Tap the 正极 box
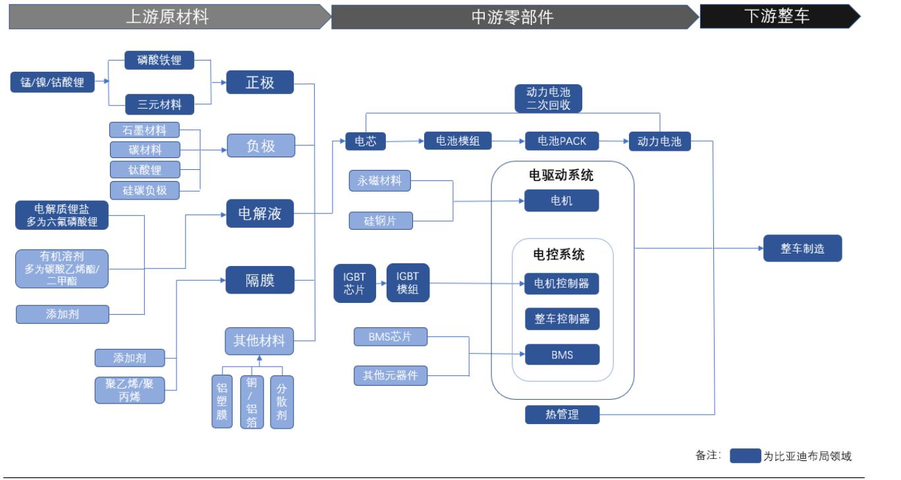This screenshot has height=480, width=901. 259,82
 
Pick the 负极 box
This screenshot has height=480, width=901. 259,146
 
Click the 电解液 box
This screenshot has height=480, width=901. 259,213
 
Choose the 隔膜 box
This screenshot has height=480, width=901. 259,280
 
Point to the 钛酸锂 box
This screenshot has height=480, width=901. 144,169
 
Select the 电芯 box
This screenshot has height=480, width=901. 365,141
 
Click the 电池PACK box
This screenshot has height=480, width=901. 562,141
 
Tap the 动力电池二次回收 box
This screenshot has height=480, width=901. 548,99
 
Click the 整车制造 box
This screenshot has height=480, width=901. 802,248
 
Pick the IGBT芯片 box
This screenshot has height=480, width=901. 354,283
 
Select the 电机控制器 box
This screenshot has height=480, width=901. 562,284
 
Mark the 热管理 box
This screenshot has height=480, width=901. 562,414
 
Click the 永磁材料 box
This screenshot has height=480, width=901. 379,180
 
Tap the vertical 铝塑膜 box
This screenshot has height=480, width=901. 222,402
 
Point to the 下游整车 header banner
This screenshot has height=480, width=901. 777,16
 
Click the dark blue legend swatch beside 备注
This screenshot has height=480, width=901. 745,456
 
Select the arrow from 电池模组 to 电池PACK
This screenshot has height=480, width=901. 508,141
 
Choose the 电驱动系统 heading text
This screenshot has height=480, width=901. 561,175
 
